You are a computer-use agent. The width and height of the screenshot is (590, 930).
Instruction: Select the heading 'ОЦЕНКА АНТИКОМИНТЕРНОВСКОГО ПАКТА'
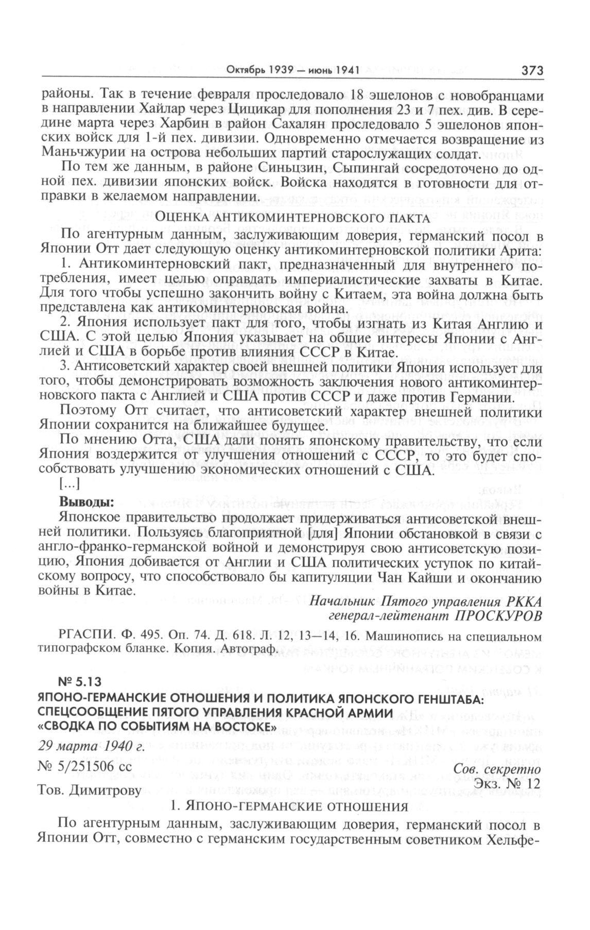click(292, 218)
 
